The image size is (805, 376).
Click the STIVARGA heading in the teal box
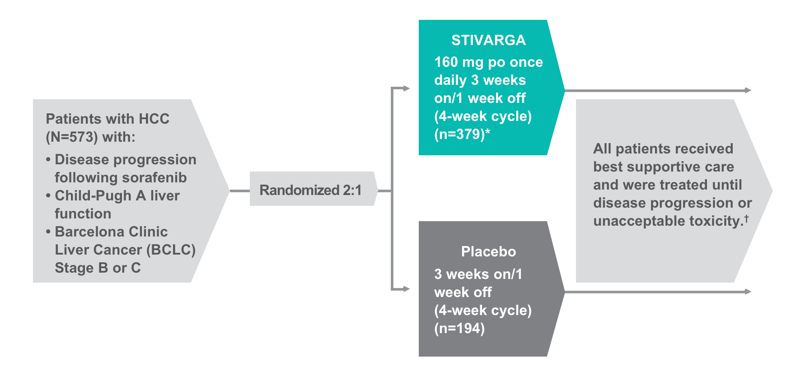(x=488, y=40)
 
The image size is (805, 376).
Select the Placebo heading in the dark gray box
(x=488, y=251)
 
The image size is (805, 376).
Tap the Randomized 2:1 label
(x=310, y=190)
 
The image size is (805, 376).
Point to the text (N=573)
(x=72, y=137)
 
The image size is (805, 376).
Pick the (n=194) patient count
(x=459, y=328)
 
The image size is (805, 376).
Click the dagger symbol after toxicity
(x=746, y=218)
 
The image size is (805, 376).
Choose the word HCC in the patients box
(x=154, y=119)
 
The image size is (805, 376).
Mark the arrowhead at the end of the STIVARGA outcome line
(x=749, y=90)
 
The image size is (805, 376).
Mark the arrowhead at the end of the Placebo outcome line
(x=749, y=292)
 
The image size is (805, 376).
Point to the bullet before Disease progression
(x=48, y=160)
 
